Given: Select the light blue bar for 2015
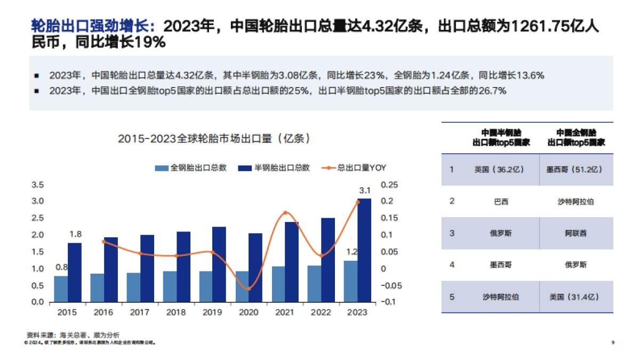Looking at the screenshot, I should click(x=61, y=289).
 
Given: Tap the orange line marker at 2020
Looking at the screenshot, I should click(x=248, y=289).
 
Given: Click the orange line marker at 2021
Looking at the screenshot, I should click(x=285, y=213).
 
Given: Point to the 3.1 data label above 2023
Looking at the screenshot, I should click(x=365, y=190).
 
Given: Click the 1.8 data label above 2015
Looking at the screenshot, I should click(x=75, y=234).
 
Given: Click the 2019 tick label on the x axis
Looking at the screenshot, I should click(x=212, y=312).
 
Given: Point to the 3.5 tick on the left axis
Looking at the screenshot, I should click(x=37, y=185).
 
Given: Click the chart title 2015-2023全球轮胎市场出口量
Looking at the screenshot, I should click(x=214, y=139).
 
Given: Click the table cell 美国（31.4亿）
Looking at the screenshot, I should click(x=575, y=297).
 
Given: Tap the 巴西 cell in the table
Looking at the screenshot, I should click(x=500, y=202).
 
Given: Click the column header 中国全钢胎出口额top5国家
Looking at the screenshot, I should click(x=576, y=138).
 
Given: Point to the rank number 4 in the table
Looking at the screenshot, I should click(x=452, y=265).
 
